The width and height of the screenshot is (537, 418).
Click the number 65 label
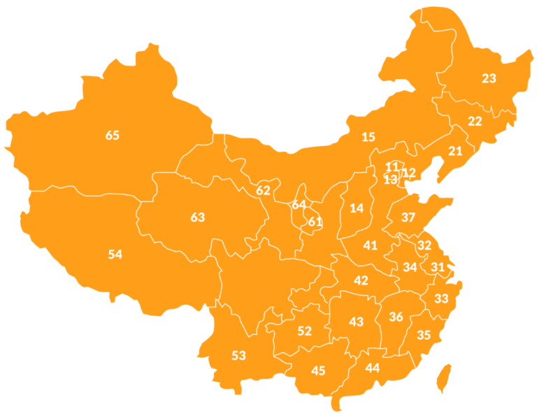113,136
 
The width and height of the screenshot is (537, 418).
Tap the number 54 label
115,254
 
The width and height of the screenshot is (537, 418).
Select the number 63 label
198,217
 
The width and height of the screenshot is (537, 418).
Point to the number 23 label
489,78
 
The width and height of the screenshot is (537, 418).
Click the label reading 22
475,121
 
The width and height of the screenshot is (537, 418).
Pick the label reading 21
455,151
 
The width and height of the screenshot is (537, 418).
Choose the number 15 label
368,137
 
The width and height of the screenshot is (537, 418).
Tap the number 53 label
238,355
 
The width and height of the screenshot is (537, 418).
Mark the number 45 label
318,370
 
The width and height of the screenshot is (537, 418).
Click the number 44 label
373,368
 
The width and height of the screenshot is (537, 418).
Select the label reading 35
424,335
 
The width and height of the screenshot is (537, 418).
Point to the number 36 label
396,317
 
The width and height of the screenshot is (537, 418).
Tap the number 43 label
357,322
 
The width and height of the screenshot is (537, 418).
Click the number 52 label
304,331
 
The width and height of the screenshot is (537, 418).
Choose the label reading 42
361,280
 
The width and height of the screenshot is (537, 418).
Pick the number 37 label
408,217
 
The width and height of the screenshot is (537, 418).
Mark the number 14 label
357,208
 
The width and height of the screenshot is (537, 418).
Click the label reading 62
263,190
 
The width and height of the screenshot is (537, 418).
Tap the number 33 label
441,298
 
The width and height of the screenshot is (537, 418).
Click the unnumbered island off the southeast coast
443,377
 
